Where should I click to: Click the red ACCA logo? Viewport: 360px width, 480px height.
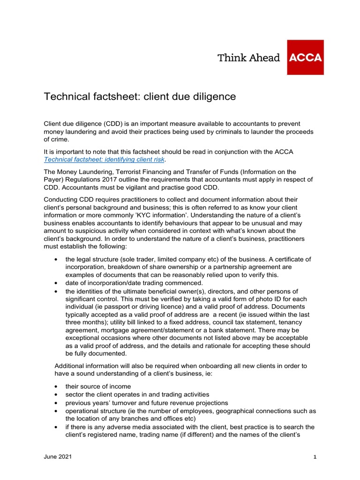click(x=305, y=58)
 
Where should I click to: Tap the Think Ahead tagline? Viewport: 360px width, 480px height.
click(x=248, y=58)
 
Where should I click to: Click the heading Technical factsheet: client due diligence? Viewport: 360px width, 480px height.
click(x=140, y=97)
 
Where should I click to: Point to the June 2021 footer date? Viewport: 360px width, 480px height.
click(x=58, y=457)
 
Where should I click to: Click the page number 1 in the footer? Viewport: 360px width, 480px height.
click(x=315, y=457)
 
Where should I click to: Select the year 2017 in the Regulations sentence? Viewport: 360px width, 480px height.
click(x=121, y=180)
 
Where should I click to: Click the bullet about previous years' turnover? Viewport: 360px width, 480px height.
click(x=147, y=403)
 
